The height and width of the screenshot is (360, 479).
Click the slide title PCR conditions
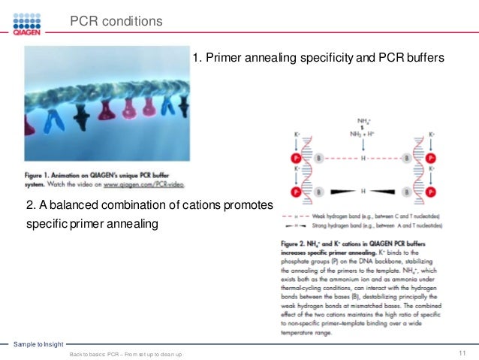pyautogui.click(x=116, y=22)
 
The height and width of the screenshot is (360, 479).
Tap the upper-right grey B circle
pyautogui.click(x=406, y=159)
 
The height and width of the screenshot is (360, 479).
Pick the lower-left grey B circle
pyautogui.click(x=318, y=192)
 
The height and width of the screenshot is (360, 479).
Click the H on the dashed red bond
pyautogui.click(x=363, y=159)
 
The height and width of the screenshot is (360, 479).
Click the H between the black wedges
pyautogui.click(x=363, y=192)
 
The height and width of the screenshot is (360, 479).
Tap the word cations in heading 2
pyautogui.click(x=181, y=206)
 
